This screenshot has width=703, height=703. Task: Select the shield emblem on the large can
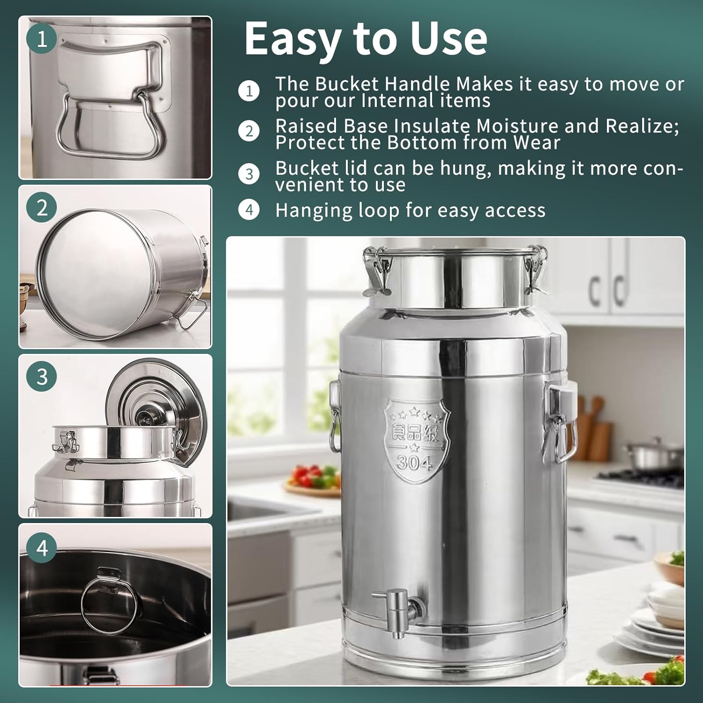coord(416,436)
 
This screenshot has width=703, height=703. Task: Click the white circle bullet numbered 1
coord(249,91)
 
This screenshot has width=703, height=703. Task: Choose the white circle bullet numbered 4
coord(249,209)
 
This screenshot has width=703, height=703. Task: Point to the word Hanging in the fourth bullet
coord(314,210)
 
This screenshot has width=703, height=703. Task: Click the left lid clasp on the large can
coord(378,272)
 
